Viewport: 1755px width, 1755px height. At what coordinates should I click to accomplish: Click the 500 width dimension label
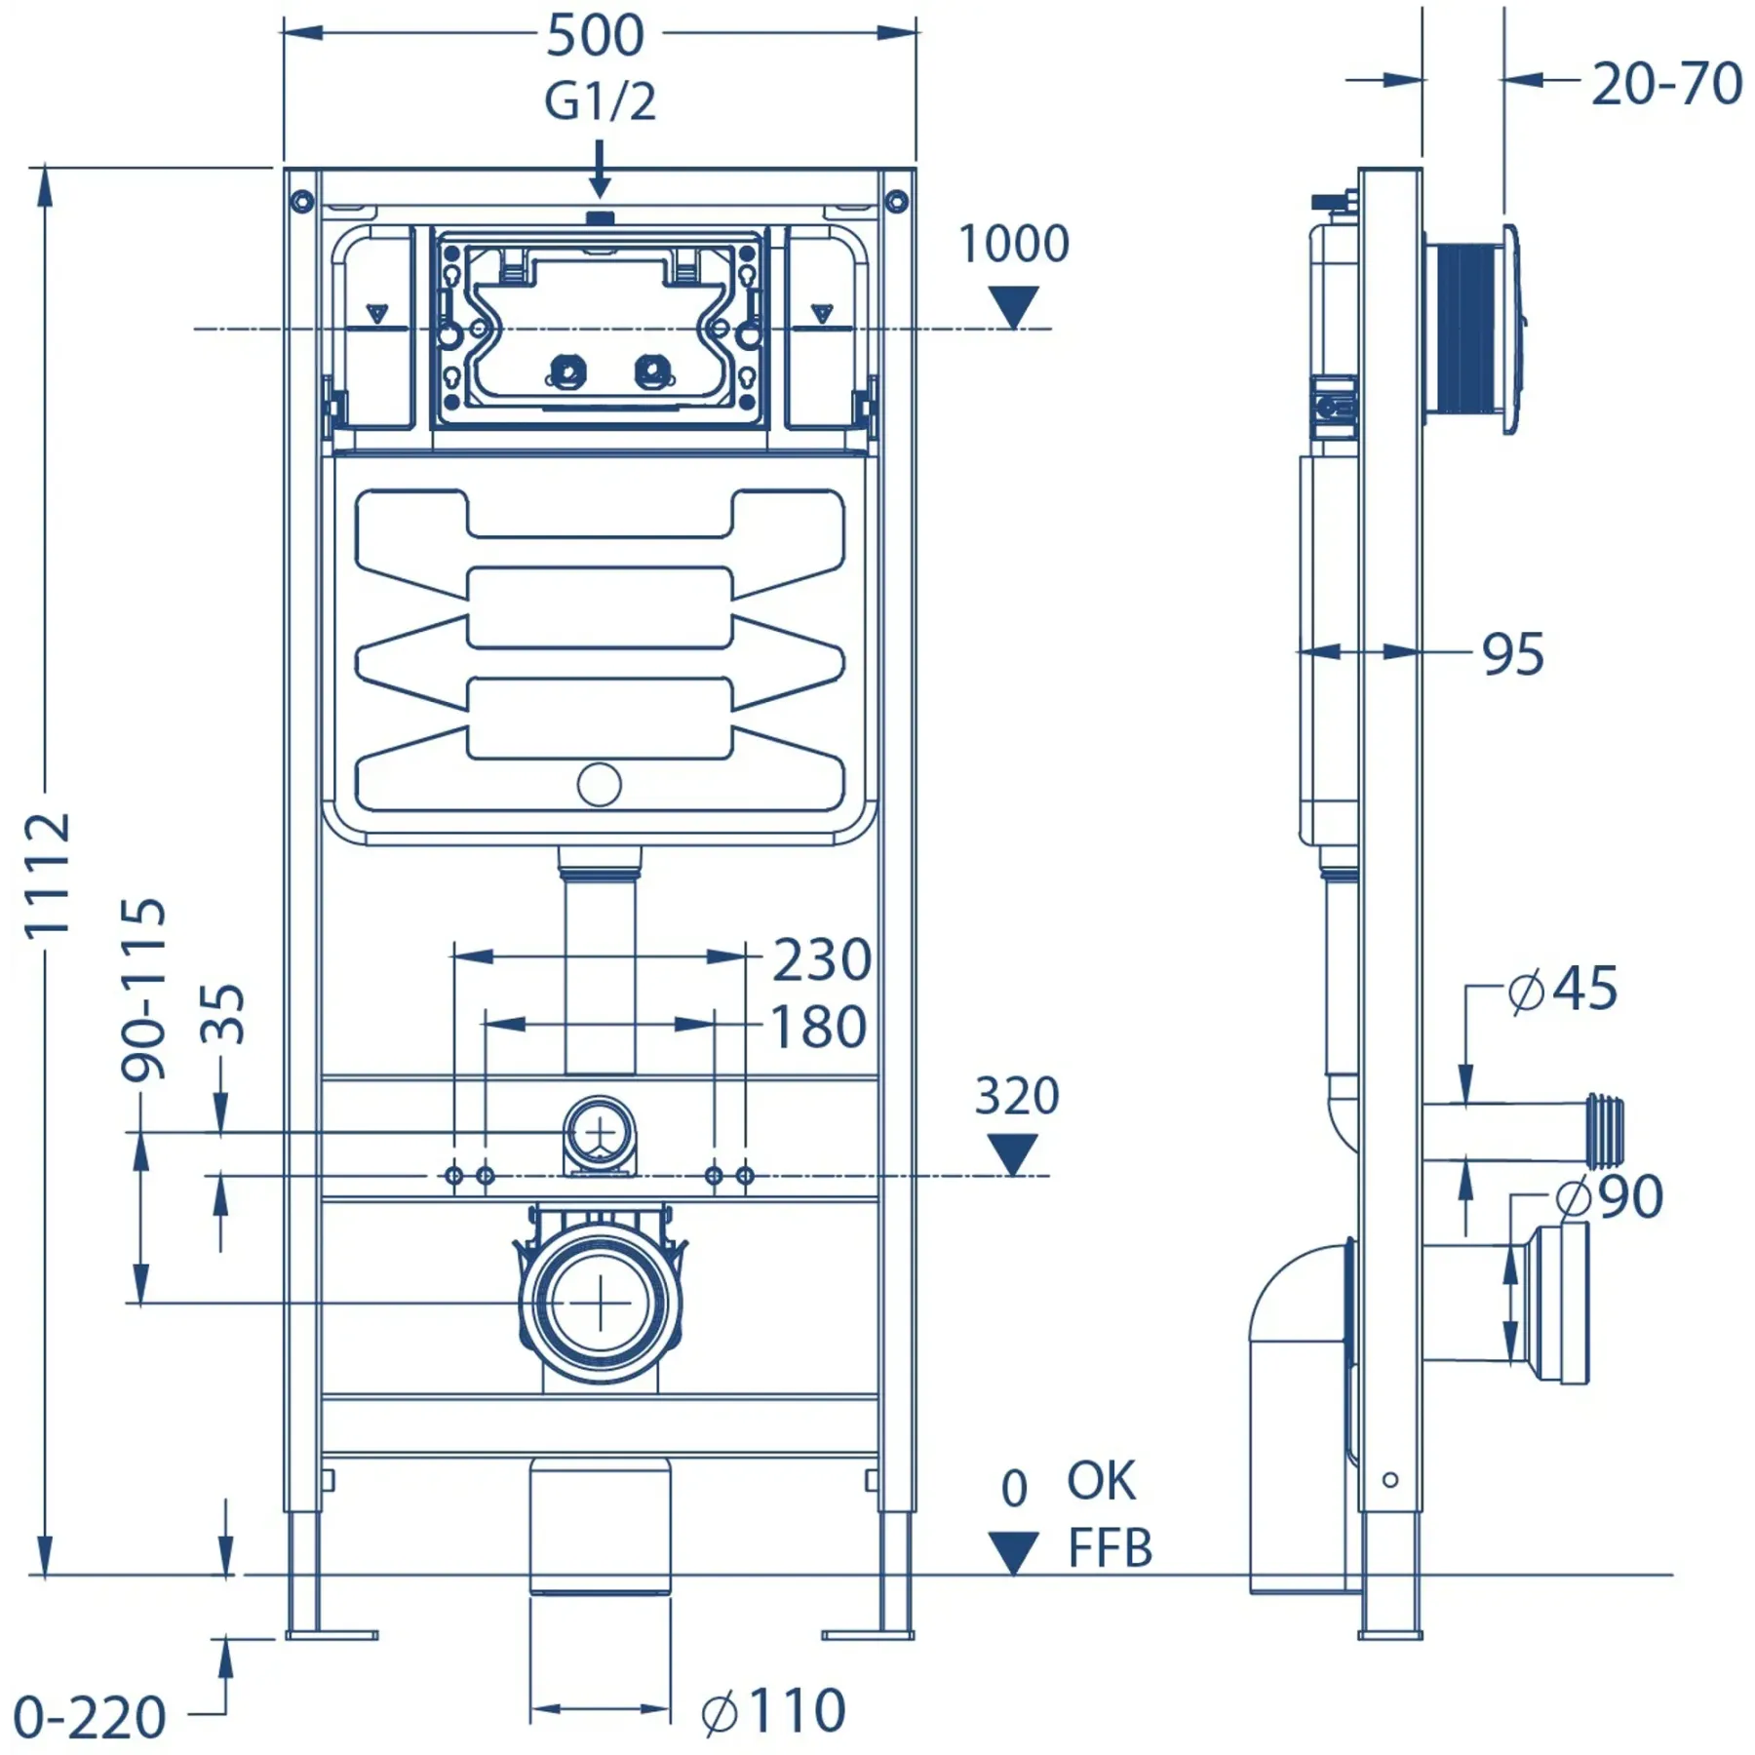pyautogui.click(x=595, y=35)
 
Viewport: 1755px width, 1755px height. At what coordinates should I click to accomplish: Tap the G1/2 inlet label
pyautogui.click(x=600, y=101)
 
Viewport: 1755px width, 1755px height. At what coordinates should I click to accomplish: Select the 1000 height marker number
pyautogui.click(x=1014, y=244)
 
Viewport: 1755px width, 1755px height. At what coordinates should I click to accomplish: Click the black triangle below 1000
pyautogui.click(x=1014, y=306)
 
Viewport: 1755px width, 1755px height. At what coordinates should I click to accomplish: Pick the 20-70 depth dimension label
pyautogui.click(x=1666, y=84)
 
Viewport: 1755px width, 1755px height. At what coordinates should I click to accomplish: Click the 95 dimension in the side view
pyautogui.click(x=1513, y=654)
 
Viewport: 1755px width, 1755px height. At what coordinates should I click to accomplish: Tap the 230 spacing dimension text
pyautogui.click(x=821, y=960)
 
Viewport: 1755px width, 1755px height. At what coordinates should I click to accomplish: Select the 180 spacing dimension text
pyautogui.click(x=818, y=1028)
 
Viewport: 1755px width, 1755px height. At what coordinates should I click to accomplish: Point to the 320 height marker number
pyautogui.click(x=1016, y=1096)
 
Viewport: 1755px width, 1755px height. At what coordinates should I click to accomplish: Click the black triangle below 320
pyautogui.click(x=1013, y=1154)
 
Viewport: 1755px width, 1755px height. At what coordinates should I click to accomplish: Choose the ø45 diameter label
pyautogui.click(x=1562, y=989)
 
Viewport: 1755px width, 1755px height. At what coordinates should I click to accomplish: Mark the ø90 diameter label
pyautogui.click(x=1609, y=1196)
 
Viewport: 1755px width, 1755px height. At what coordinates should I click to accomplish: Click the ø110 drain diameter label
pyautogui.click(x=773, y=1711)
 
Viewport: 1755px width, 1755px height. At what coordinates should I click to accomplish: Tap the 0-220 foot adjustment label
pyautogui.click(x=90, y=1718)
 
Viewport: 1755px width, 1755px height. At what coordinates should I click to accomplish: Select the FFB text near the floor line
pyautogui.click(x=1110, y=1548)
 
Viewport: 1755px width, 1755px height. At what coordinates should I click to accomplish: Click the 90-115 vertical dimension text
pyautogui.click(x=143, y=989)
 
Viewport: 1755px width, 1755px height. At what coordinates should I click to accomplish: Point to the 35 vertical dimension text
pyautogui.click(x=222, y=1014)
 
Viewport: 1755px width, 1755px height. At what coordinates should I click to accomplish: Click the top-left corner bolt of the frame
pyautogui.click(x=302, y=202)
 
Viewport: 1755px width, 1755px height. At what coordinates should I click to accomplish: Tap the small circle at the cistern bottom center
pyautogui.click(x=599, y=785)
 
